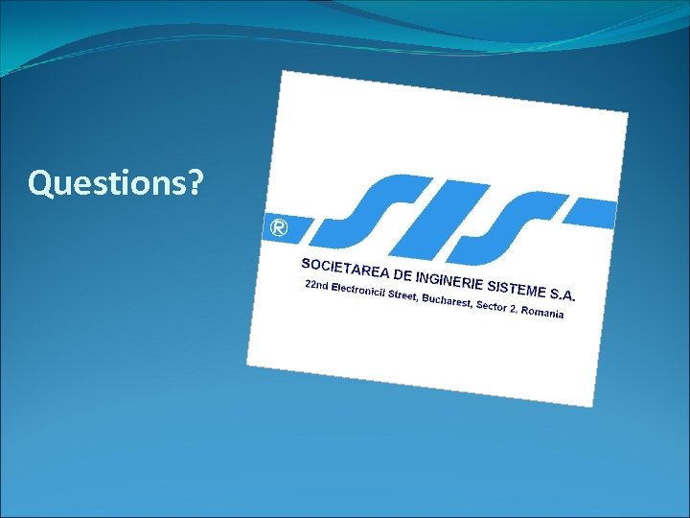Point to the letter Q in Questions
tap(39, 181)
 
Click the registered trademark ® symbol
tap(278, 228)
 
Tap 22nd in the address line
tap(315, 286)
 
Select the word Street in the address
tap(402, 296)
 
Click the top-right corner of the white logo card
tap(628, 112)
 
